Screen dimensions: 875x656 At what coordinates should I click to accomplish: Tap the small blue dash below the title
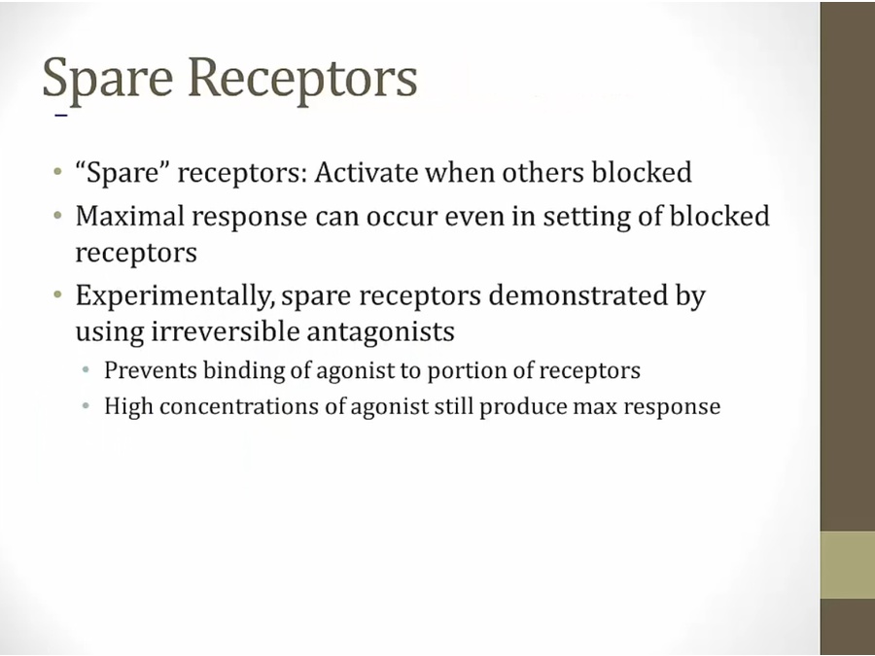(x=61, y=116)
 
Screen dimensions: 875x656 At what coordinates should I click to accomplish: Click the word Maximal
(x=130, y=216)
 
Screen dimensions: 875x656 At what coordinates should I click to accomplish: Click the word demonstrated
(x=578, y=295)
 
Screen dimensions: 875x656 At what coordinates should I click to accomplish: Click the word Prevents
(x=150, y=370)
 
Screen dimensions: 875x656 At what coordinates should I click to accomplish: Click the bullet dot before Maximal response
(x=58, y=216)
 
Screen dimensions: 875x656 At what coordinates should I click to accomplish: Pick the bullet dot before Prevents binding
(x=86, y=370)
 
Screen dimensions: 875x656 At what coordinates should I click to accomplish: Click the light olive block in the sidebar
(x=847, y=565)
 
